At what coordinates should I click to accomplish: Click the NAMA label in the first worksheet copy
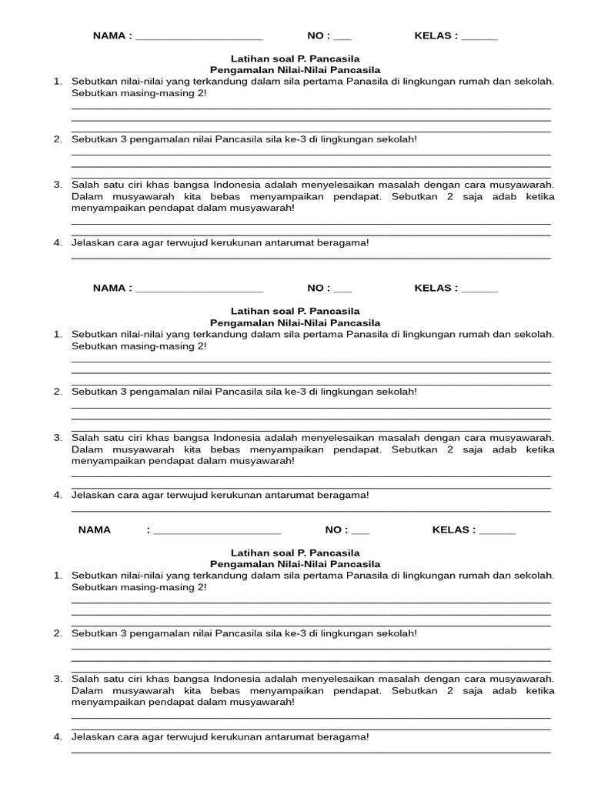tap(109, 35)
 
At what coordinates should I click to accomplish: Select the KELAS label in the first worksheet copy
tap(435, 35)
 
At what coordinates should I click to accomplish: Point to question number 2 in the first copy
tap(58, 139)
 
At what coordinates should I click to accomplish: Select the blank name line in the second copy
tap(199, 290)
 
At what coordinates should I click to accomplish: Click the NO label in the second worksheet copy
tap(317, 288)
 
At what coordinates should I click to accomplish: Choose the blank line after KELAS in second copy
tap(479, 290)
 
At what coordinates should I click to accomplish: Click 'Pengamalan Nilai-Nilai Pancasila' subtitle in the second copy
tap(295, 322)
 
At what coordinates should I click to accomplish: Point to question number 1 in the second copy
tap(58, 334)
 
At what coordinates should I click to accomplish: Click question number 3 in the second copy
tap(58, 437)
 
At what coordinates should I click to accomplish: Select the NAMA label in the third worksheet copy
tap(95, 529)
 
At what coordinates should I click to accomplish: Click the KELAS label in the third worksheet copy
tap(452, 529)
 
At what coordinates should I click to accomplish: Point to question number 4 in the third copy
tap(58, 736)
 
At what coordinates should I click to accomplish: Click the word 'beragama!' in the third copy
tap(347, 736)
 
